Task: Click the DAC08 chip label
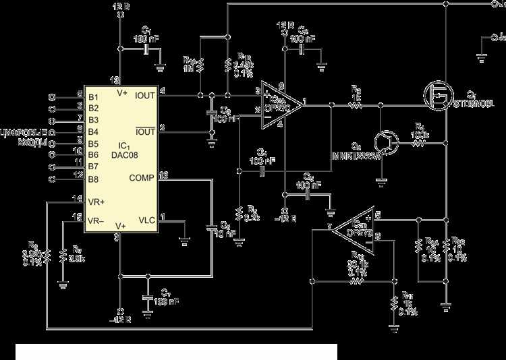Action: (127, 155)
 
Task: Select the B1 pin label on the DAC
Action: (93, 95)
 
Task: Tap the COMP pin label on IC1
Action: (140, 177)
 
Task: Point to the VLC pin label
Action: (146, 219)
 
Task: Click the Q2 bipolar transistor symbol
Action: (387, 140)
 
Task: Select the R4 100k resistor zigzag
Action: (419, 143)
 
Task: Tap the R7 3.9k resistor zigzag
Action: (62, 257)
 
